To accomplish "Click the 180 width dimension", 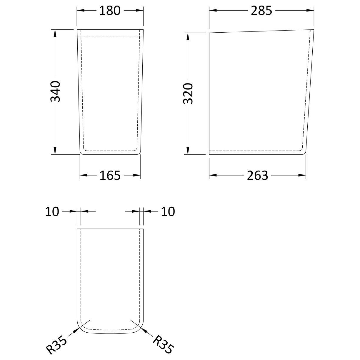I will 110,11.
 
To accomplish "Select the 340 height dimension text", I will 55,91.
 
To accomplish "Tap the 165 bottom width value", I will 110,176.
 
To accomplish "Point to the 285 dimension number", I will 261,11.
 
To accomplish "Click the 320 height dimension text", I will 188,94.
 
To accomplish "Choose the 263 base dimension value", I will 258,176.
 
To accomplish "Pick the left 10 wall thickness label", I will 52,211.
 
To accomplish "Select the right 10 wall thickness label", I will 168,211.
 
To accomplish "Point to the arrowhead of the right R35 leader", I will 143,330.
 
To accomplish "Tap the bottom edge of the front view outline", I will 110,154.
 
